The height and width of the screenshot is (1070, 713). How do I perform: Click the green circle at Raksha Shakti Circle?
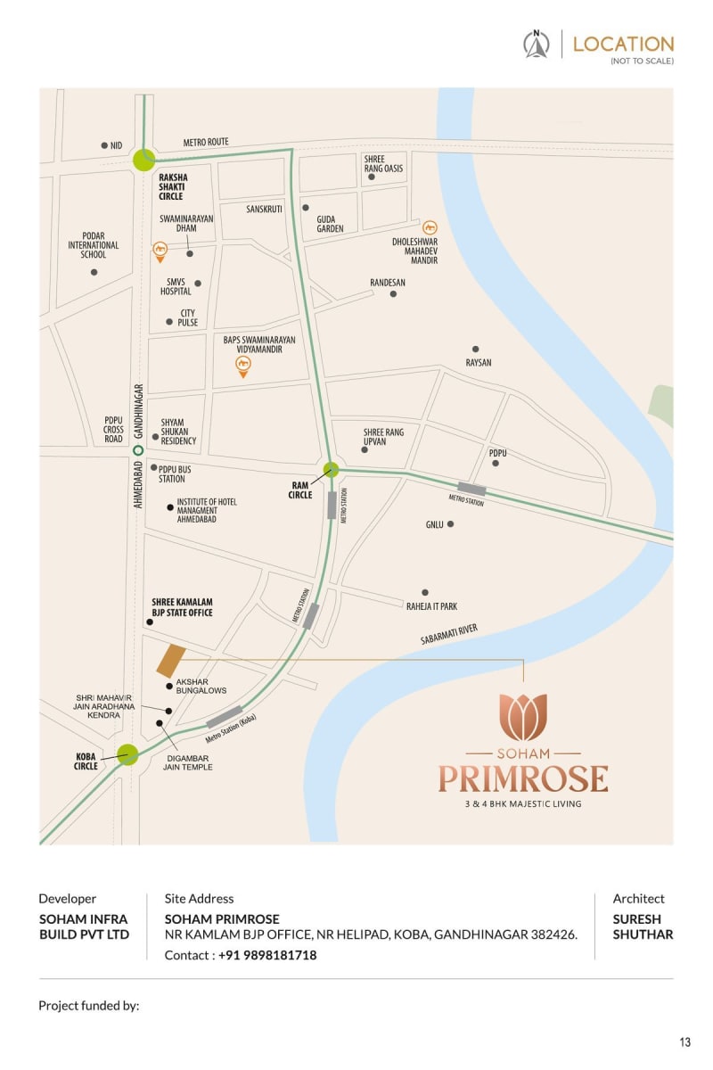pyautogui.click(x=144, y=160)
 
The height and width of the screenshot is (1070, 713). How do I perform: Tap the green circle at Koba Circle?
pyautogui.click(x=127, y=755)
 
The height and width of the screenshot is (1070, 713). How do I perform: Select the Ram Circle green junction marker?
pyautogui.click(x=332, y=469)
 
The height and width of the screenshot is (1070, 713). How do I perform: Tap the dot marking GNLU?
pyautogui.click(x=451, y=524)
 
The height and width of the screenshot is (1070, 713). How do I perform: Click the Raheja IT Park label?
pyautogui.click(x=431, y=606)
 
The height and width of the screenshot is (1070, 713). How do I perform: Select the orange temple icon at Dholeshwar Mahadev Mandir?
pyautogui.click(x=429, y=227)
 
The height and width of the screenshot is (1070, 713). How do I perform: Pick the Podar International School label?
pyautogui.click(x=94, y=245)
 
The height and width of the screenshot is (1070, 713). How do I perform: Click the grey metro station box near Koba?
pyautogui.click(x=225, y=717)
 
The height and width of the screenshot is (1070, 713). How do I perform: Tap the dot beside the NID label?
pyautogui.click(x=104, y=145)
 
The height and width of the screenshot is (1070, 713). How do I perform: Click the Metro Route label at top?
pyautogui.click(x=206, y=142)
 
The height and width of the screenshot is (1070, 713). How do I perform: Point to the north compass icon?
pyautogui.click(x=537, y=44)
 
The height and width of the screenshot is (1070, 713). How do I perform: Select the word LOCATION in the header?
pyautogui.click(x=623, y=44)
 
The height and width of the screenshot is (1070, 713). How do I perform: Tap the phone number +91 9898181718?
pyautogui.click(x=267, y=955)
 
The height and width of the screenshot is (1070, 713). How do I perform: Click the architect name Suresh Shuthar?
pyautogui.click(x=643, y=926)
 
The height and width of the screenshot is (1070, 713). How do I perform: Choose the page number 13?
pyautogui.click(x=684, y=1042)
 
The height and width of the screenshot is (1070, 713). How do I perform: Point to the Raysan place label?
pyautogui.click(x=479, y=363)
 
